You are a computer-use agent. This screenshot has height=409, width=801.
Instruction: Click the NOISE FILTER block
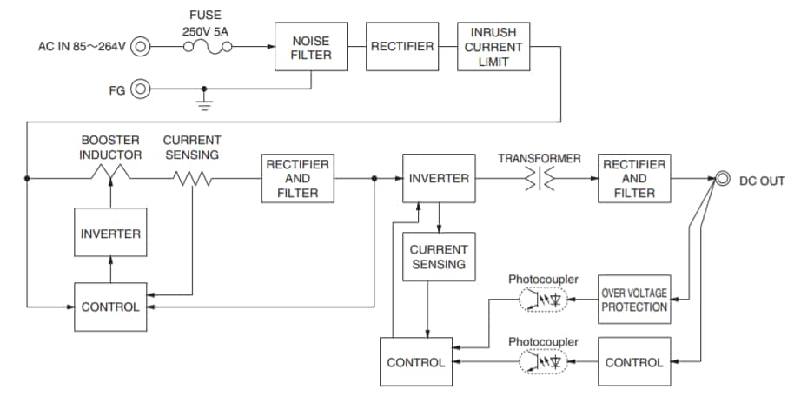tap(311, 47)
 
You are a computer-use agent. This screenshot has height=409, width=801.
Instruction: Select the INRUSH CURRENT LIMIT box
tap(493, 47)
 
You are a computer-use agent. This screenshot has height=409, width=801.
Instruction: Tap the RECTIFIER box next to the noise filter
tap(401, 47)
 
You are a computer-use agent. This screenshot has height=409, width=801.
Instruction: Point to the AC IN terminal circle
tap(140, 47)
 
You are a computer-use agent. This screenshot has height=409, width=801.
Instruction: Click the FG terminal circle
tap(140, 89)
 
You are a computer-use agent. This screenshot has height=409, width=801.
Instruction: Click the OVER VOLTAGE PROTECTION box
tap(634, 300)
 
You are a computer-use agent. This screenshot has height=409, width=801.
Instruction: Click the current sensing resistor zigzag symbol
tap(191, 179)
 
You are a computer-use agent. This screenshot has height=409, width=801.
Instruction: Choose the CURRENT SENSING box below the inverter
tap(439, 256)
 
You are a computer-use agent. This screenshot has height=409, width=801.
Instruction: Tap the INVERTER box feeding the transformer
tap(439, 179)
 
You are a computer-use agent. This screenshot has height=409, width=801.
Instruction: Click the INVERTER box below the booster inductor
tap(110, 234)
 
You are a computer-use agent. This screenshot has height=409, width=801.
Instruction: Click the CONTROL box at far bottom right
tap(634, 362)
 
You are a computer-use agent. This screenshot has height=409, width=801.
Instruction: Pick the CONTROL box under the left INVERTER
tap(110, 307)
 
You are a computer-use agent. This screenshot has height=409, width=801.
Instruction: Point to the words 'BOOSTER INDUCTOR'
tap(111, 147)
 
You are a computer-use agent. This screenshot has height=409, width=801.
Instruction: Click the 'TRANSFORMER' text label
tap(540, 158)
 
